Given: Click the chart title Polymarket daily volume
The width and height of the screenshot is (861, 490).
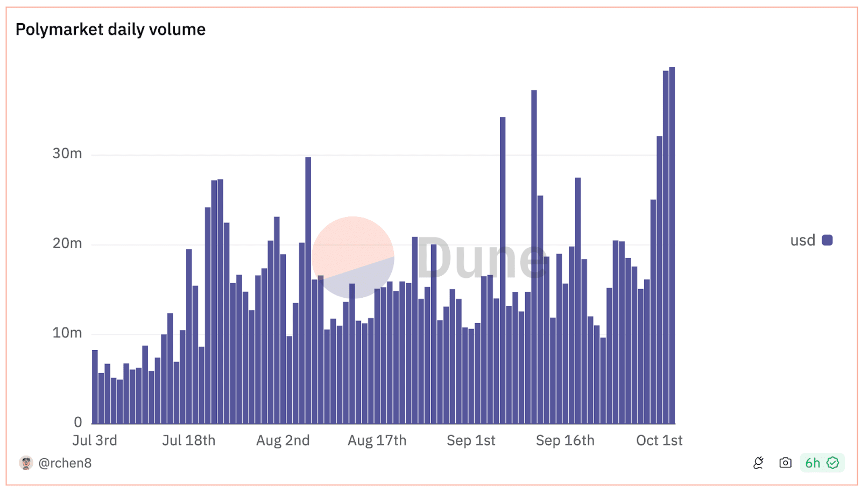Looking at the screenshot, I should pos(110,29).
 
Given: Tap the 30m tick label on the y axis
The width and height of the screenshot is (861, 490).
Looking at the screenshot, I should pos(67,153).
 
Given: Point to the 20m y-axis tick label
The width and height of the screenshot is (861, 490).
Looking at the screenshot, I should pos(67,243).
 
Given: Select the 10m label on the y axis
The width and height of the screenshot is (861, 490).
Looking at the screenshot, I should pos(67,333).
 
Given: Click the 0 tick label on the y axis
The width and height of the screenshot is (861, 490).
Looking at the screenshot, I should pos(78,422).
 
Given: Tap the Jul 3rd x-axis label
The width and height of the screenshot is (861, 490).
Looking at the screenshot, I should pos(95,440).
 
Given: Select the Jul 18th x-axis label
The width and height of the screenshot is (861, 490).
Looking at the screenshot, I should pos(189,440).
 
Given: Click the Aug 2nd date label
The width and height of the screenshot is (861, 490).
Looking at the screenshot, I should pos(283,440).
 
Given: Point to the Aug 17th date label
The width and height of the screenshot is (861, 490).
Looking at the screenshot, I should pos(377,440).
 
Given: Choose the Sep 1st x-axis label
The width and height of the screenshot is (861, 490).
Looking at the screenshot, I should pos(471,440).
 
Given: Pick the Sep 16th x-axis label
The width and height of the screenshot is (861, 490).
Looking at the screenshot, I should pos(565,440).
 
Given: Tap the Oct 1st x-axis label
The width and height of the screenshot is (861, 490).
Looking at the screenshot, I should pos(659,440).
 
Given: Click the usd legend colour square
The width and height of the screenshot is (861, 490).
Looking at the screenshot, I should pos(827,240).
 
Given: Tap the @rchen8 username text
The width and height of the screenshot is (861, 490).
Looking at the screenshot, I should pos(65,463).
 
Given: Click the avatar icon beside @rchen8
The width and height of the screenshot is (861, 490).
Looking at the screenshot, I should pos(26,463).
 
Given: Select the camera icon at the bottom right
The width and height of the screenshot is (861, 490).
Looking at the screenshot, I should pos(785,463).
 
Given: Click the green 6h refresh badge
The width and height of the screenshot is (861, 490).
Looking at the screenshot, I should pos(822,463).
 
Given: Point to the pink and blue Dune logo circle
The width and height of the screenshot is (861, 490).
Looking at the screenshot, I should pos(353,257).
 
